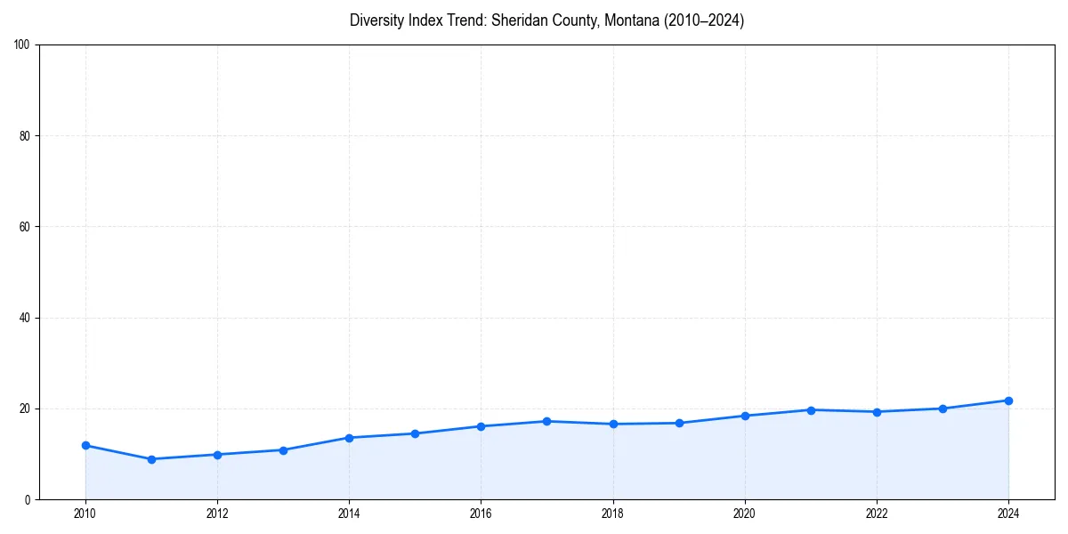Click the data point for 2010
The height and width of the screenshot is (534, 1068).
pyautogui.click(x=85, y=445)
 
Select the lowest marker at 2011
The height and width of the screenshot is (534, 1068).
pyautogui.click(x=151, y=459)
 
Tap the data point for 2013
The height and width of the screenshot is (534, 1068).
pyautogui.click(x=283, y=450)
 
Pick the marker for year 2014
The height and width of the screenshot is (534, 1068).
pyautogui.click(x=349, y=438)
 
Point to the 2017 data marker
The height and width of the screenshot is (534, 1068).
pyautogui.click(x=546, y=421)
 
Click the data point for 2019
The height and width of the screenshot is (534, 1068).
pyautogui.click(x=679, y=423)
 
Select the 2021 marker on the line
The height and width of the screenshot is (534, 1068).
pyautogui.click(x=811, y=410)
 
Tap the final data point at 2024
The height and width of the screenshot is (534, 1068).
pyautogui.click(x=1008, y=400)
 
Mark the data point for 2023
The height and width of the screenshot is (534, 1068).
pyautogui.click(x=943, y=409)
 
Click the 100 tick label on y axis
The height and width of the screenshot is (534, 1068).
pyautogui.click(x=23, y=45)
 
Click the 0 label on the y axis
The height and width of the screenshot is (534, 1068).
pyautogui.click(x=28, y=499)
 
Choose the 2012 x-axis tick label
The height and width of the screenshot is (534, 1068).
pyautogui.click(x=217, y=514)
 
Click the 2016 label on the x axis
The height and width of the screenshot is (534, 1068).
pyautogui.click(x=481, y=514)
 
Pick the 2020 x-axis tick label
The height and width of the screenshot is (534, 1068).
pyautogui.click(x=745, y=514)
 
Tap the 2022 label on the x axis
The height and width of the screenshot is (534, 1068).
pyautogui.click(x=877, y=514)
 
